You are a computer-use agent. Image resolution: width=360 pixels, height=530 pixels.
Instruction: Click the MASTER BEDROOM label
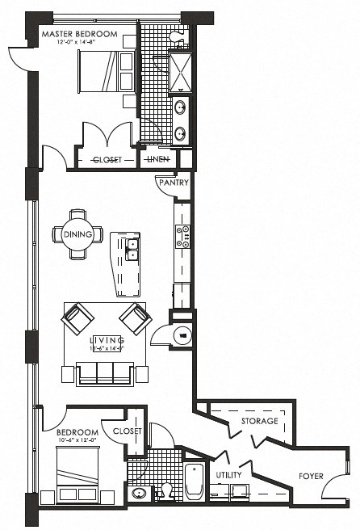(79, 34)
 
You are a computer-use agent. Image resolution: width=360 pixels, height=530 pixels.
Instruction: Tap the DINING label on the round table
(78, 234)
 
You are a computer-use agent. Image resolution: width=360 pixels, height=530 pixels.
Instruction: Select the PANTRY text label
(174, 183)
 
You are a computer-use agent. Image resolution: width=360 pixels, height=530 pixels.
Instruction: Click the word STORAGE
(259, 421)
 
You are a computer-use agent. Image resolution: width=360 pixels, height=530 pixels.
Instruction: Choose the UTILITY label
(228, 475)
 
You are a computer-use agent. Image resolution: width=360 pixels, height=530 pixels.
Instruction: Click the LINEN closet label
(157, 159)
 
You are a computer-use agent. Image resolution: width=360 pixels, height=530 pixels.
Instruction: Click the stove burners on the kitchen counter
(183, 235)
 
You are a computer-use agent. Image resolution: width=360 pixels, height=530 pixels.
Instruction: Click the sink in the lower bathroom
(139, 494)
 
